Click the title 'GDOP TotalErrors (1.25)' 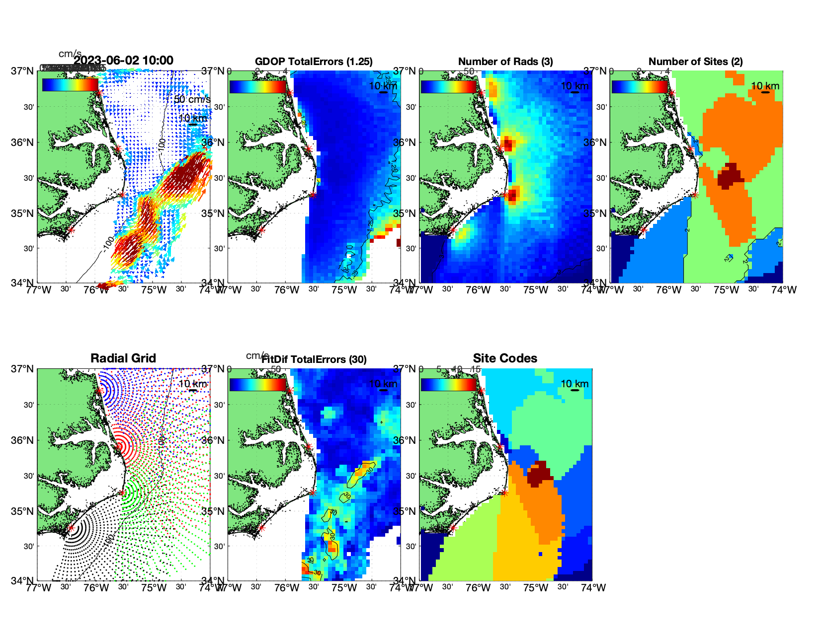point(314,62)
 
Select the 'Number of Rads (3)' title point(505,62)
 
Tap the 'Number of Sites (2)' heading point(695,62)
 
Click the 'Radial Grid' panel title point(123,358)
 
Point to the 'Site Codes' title point(505,358)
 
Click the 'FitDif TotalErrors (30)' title point(314,359)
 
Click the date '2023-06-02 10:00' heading point(124,61)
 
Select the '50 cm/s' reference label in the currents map point(192,100)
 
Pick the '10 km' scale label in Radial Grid point(192,384)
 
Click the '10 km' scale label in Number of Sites point(765,86)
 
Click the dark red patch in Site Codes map point(539,473)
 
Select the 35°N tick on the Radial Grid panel point(23,511)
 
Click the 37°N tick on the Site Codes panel point(405,369)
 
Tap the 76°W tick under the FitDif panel point(286,588)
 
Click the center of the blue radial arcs point(99,391)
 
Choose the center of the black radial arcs point(71,528)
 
